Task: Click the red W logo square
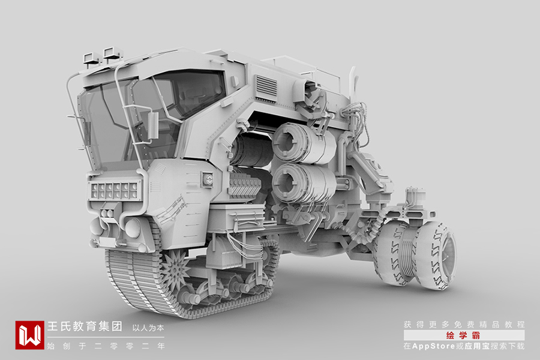(x=29, y=335)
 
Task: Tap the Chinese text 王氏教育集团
(x=85, y=326)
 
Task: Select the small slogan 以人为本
(x=148, y=328)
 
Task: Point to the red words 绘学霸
(x=463, y=335)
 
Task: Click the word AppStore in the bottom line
(x=433, y=346)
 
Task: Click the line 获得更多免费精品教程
(x=464, y=325)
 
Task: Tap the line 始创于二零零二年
(x=106, y=346)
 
